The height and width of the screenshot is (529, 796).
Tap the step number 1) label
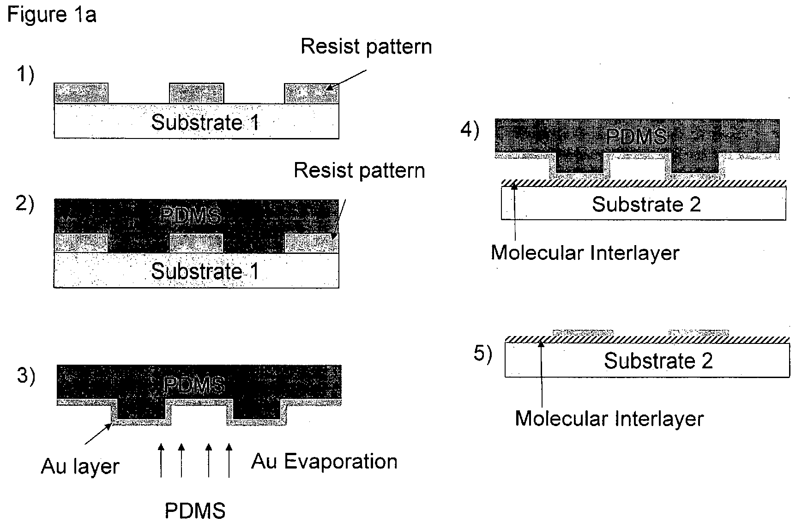pyautogui.click(x=25, y=74)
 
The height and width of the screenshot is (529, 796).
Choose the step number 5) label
pyautogui.click(x=483, y=354)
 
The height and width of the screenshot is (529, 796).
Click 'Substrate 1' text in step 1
pyautogui.click(x=205, y=122)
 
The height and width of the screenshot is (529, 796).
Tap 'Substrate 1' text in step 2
pyautogui.click(x=205, y=271)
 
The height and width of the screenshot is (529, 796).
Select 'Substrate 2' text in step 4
pyautogui.click(x=646, y=204)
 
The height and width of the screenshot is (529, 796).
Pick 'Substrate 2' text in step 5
pyautogui.click(x=658, y=361)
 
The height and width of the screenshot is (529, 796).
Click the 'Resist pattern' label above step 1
pyautogui.click(x=367, y=47)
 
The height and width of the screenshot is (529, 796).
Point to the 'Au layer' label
pyautogui.click(x=80, y=466)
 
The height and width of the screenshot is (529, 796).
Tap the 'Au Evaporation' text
pyautogui.click(x=325, y=462)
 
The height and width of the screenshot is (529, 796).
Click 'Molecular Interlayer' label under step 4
pyautogui.click(x=585, y=252)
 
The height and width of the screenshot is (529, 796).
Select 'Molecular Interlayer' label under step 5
pyautogui.click(x=609, y=419)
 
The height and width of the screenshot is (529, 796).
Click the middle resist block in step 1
pyautogui.click(x=197, y=93)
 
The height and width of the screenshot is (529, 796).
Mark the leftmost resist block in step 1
pyautogui.click(x=81, y=93)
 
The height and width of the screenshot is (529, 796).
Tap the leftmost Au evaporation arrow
pyautogui.click(x=161, y=460)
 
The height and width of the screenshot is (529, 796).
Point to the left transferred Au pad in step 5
pyautogui.click(x=583, y=333)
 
